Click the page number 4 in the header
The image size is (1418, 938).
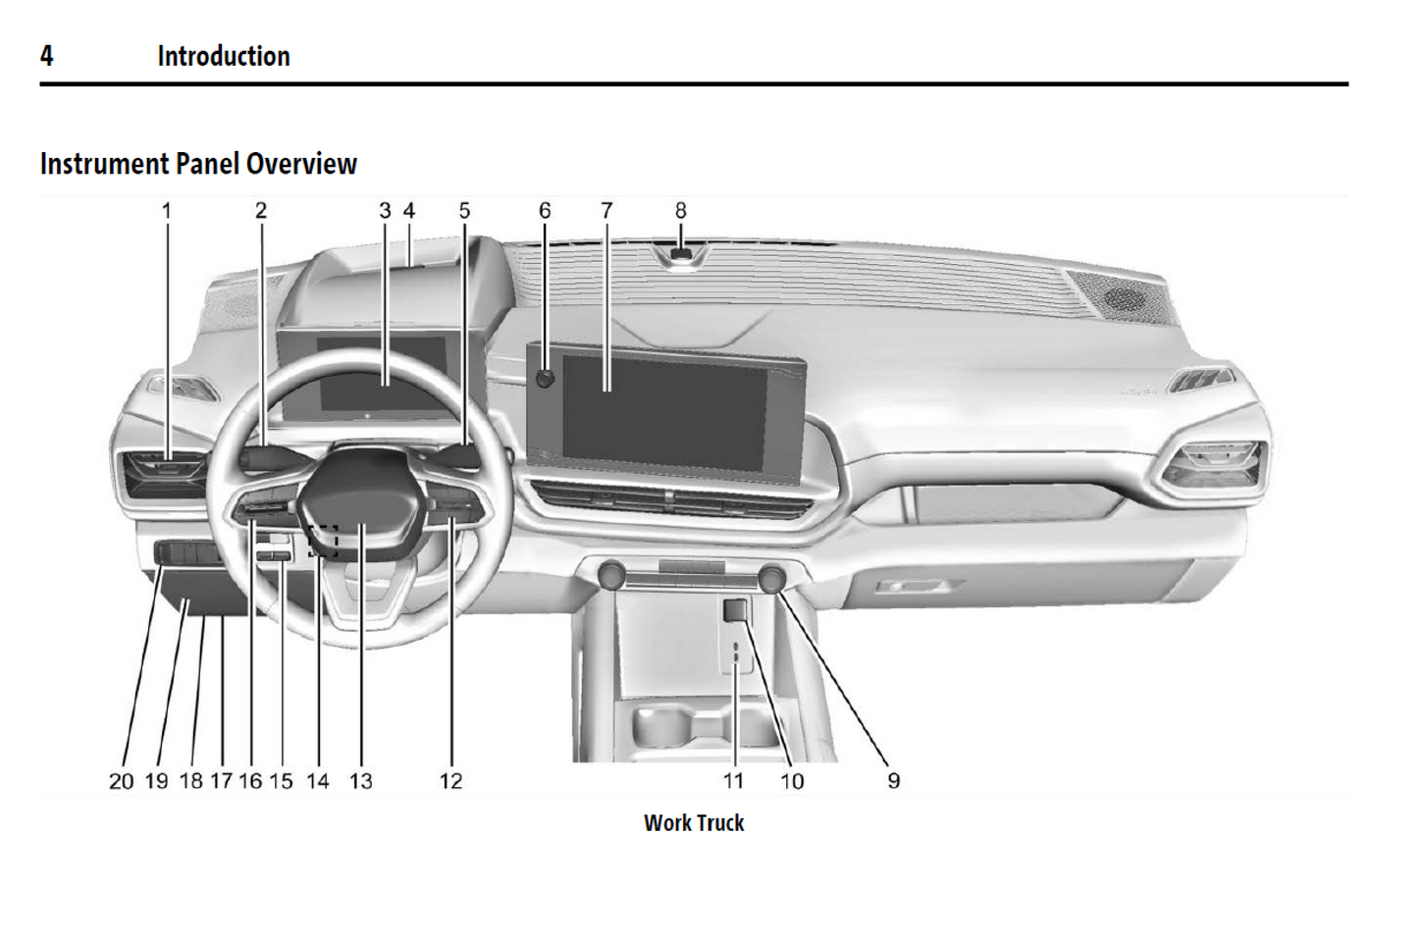pyautogui.click(x=46, y=56)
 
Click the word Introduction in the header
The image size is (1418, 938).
pyautogui.click(x=224, y=56)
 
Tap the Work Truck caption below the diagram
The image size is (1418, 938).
pyautogui.click(x=694, y=823)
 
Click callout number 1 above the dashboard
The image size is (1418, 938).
pyautogui.click(x=167, y=211)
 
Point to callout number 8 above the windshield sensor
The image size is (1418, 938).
pyautogui.click(x=681, y=211)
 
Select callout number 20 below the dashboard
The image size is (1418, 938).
pyautogui.click(x=121, y=781)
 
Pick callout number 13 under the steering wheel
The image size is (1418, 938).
pyautogui.click(x=361, y=781)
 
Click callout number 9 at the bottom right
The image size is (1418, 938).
pyautogui.click(x=893, y=781)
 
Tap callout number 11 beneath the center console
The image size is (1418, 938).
pyautogui.click(x=734, y=781)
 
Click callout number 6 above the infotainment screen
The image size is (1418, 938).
pyautogui.click(x=545, y=211)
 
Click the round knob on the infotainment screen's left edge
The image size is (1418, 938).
pyautogui.click(x=546, y=379)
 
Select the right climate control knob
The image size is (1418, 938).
pyautogui.click(x=772, y=577)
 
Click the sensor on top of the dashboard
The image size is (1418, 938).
pyautogui.click(x=679, y=257)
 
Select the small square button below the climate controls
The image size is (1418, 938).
pyautogui.click(x=735, y=611)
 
